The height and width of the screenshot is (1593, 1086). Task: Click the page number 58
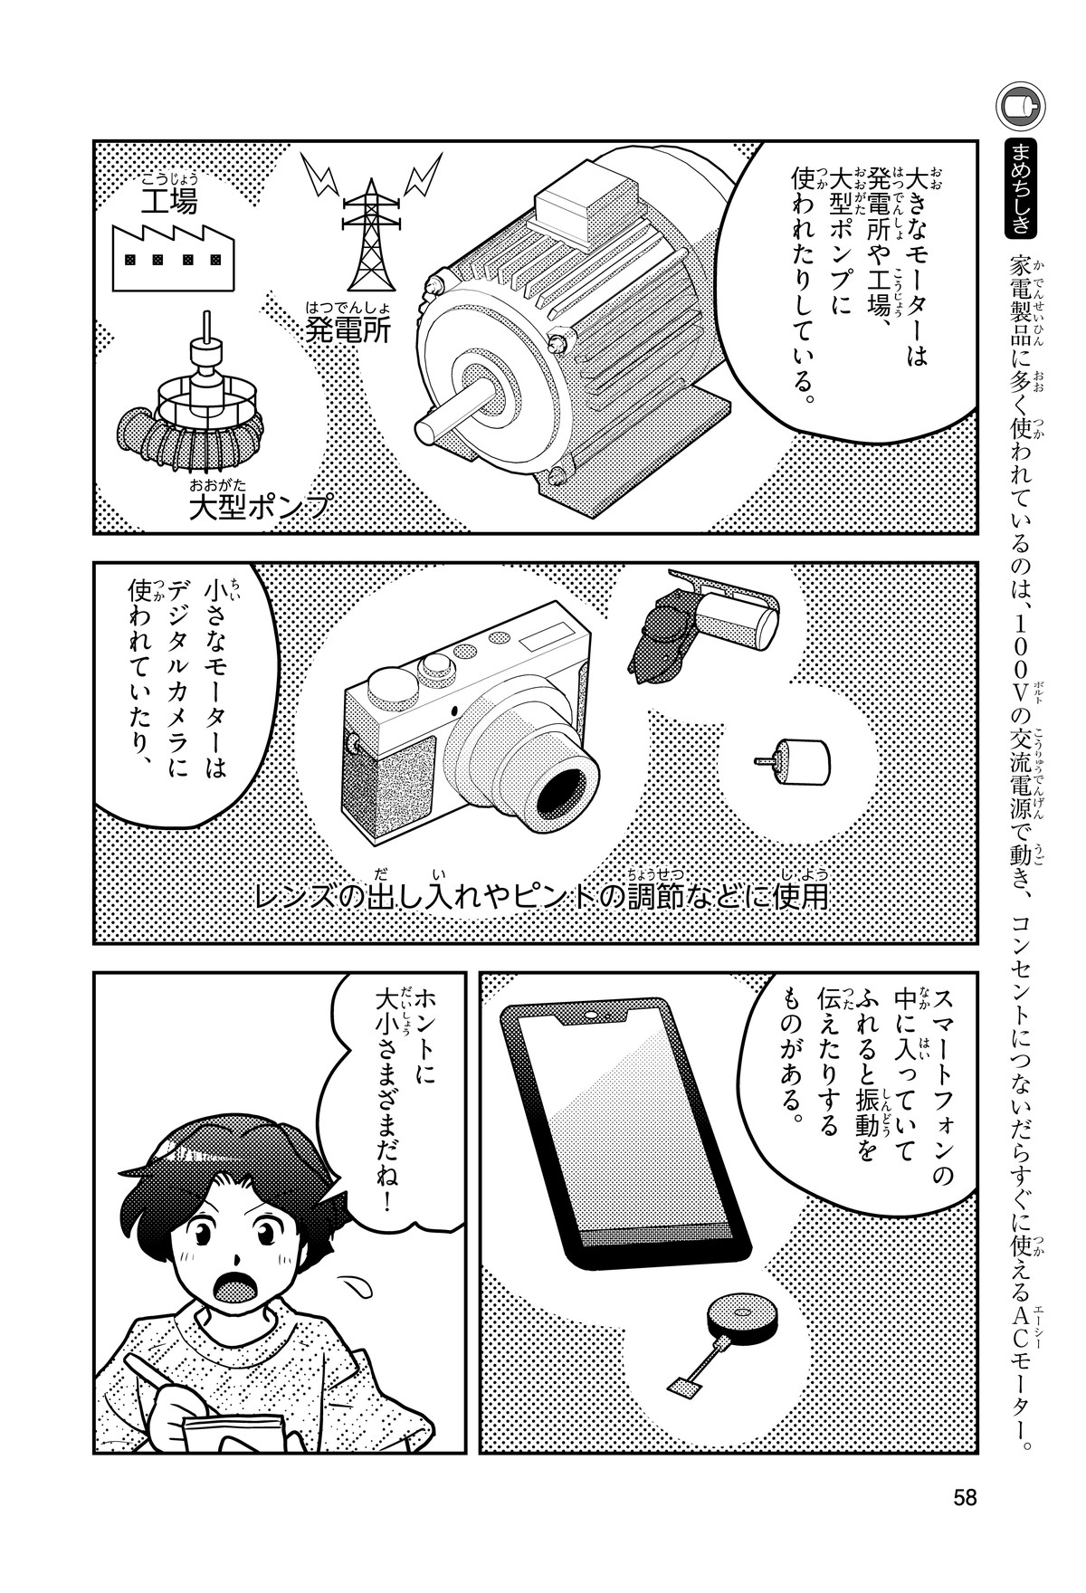pos(965,1497)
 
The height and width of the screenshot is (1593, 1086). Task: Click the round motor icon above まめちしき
pos(1022,108)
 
